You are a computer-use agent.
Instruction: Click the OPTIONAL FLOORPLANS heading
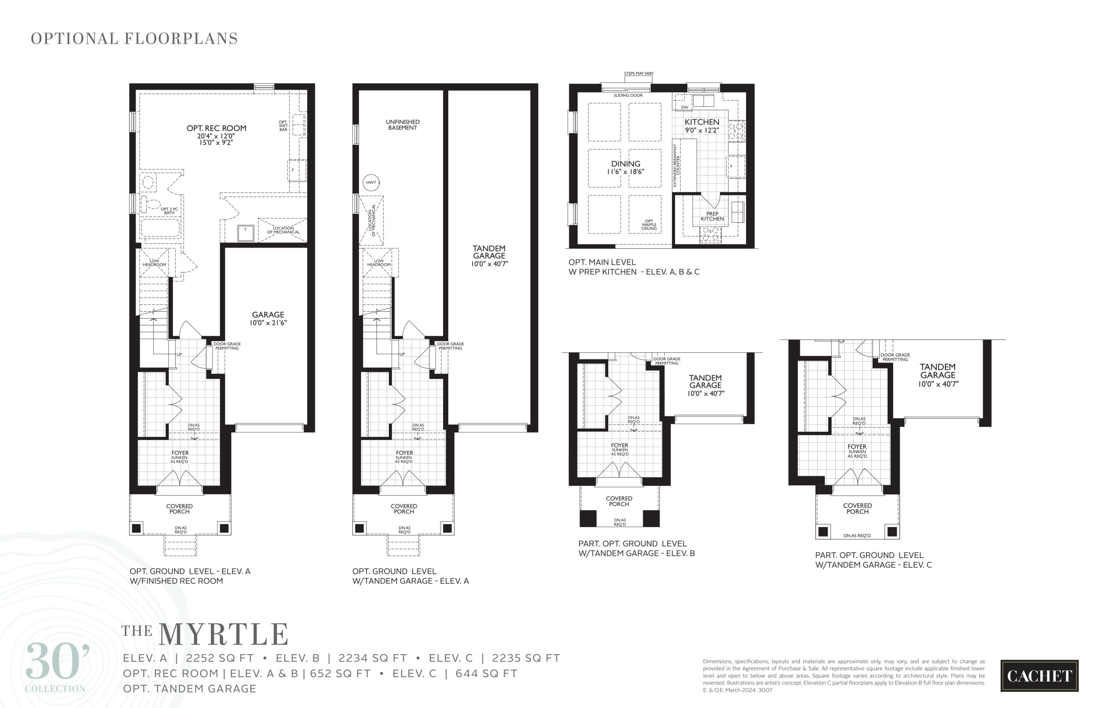tap(134, 38)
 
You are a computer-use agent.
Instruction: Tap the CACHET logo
tap(1039, 676)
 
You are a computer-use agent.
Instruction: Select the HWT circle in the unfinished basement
tap(371, 183)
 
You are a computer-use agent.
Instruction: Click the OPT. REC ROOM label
tap(216, 128)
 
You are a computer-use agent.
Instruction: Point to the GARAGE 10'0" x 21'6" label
tap(268, 318)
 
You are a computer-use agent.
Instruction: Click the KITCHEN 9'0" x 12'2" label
tap(701, 126)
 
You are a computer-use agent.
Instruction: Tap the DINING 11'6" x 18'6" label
tap(625, 167)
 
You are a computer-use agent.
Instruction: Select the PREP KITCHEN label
tap(712, 216)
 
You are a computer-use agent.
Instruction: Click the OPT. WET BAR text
tap(283, 126)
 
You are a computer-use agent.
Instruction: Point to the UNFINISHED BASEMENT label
tap(402, 124)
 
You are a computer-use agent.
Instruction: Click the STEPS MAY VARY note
tap(638, 74)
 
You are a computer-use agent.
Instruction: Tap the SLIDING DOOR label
tap(628, 95)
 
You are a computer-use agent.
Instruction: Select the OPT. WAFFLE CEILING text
tap(648, 225)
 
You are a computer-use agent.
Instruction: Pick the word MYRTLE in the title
tap(224, 634)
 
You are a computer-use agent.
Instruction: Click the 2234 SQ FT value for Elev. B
tap(373, 658)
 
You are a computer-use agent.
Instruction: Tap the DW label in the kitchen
tap(684, 107)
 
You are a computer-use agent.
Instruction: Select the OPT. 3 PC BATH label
tap(169, 210)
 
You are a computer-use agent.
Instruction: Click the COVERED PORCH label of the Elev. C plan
tap(857, 508)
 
